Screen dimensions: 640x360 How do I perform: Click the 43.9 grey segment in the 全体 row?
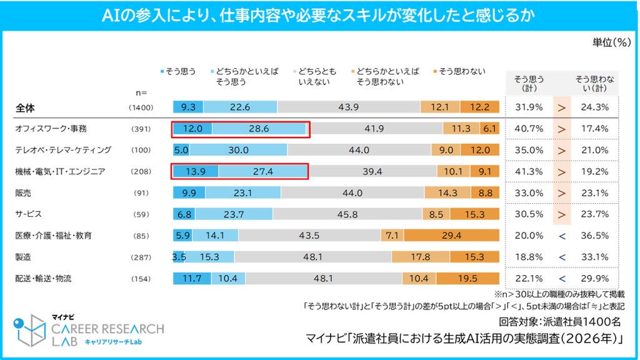[x=349, y=107]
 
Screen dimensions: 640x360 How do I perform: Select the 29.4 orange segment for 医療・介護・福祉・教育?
[x=451, y=236]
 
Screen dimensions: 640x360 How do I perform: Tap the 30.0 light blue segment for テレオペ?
[x=238, y=150]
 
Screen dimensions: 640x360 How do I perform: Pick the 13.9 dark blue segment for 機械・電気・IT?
[x=196, y=171]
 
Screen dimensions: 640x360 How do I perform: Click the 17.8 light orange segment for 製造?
[x=421, y=257]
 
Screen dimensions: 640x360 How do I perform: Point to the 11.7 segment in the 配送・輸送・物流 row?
[x=192, y=278]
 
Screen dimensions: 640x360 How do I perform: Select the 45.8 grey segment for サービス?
[x=347, y=214]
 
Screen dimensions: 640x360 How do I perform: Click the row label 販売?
[x=23, y=193]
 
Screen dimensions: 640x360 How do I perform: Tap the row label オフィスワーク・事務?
[x=51, y=129]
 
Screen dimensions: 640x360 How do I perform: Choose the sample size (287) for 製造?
[x=141, y=257]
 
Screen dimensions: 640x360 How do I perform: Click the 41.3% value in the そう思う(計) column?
[x=529, y=172]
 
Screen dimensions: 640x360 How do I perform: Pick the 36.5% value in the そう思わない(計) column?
[x=595, y=236]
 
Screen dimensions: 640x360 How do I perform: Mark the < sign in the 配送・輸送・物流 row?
[x=562, y=279]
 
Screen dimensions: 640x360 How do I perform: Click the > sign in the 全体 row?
[x=562, y=107]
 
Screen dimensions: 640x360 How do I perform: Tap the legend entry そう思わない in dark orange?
[x=459, y=71]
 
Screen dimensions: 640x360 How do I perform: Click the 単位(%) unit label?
[x=611, y=42]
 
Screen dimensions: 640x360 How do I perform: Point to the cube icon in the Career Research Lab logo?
[x=29, y=330]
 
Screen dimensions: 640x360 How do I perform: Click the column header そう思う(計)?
[x=529, y=83]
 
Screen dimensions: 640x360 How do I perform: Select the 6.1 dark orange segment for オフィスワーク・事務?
[x=489, y=129]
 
